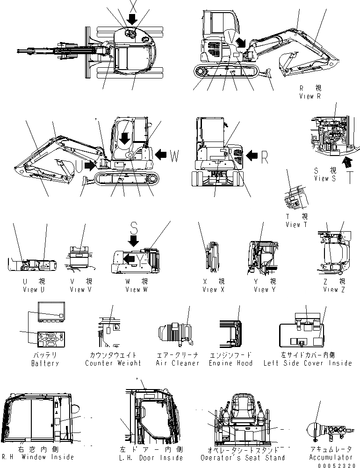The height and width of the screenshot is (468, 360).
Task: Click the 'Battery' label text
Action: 45,363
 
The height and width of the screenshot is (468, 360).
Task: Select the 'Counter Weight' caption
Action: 113,363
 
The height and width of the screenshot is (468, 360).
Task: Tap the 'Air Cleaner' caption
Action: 177,363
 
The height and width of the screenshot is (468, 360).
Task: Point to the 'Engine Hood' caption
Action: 230,363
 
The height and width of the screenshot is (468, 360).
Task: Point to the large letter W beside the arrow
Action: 174,157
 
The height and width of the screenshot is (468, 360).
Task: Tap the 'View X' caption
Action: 214,290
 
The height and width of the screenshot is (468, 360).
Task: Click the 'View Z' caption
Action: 334,290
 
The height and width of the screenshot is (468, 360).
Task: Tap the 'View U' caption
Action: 34,290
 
